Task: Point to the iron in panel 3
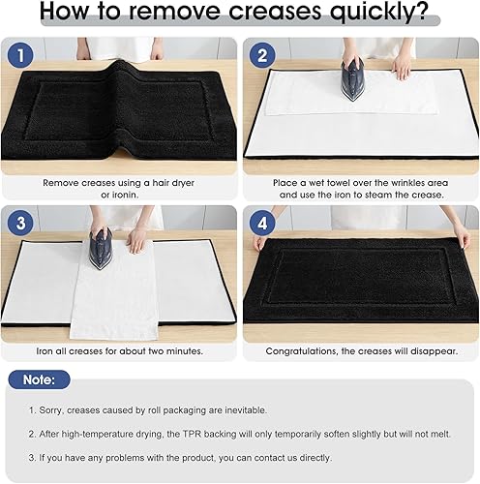[102, 248]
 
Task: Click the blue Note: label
[39, 380]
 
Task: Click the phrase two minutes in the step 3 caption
[173, 350]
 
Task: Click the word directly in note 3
[306, 457]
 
